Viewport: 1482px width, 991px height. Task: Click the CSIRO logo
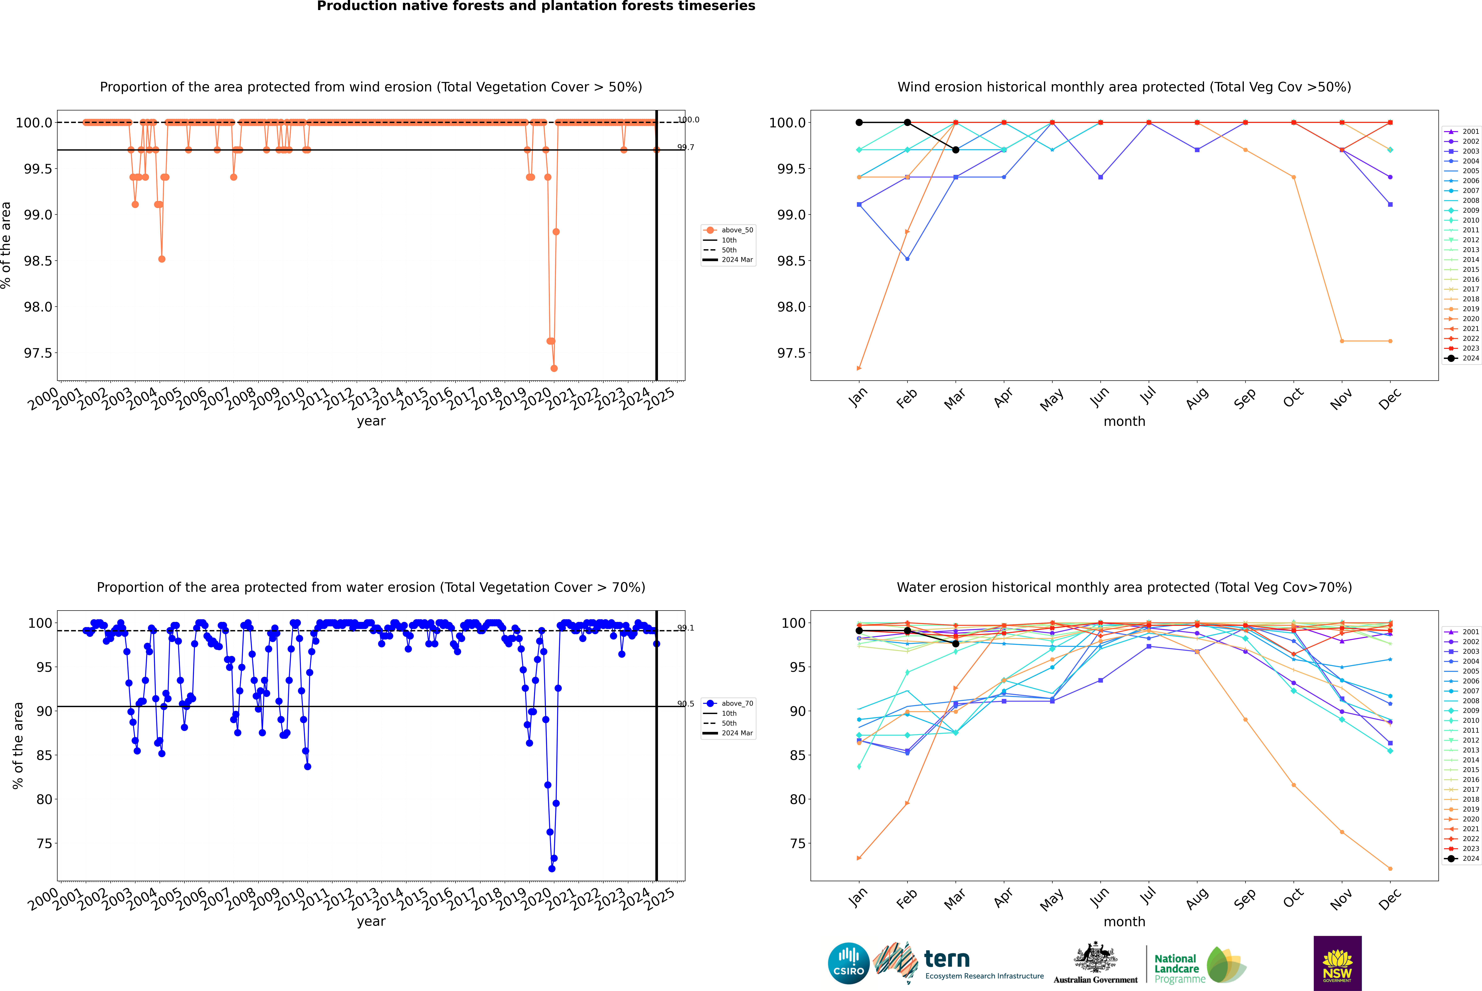pos(848,963)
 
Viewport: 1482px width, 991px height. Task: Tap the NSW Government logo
pos(1337,963)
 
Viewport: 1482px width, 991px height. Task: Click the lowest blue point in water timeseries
pos(552,868)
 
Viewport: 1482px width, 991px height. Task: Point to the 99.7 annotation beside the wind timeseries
pos(685,147)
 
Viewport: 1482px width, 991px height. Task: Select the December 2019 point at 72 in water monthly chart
pos(1390,868)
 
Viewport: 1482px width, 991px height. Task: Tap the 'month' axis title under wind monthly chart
pos(1124,422)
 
